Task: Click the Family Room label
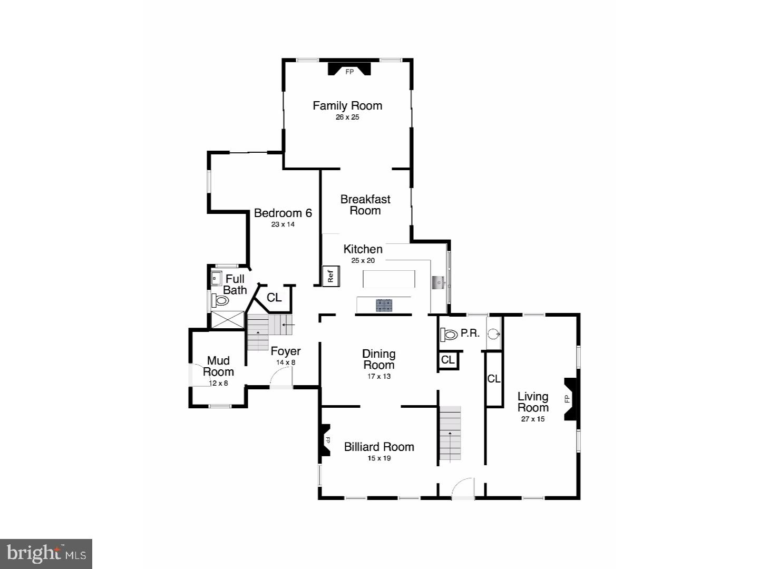click(347, 106)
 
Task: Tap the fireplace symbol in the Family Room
click(349, 70)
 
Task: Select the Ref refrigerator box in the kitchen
click(331, 276)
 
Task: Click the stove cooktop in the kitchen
click(384, 305)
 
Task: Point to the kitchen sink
click(439, 283)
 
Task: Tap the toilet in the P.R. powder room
click(449, 335)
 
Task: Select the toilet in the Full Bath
click(220, 301)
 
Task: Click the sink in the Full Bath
click(216, 278)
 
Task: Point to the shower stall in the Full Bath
click(228, 320)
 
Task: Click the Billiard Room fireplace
click(324, 440)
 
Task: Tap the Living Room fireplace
click(571, 399)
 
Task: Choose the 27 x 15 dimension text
click(533, 419)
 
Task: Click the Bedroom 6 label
click(283, 213)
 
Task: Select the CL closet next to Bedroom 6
click(274, 298)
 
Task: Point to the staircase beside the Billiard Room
click(450, 433)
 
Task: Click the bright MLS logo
click(46, 554)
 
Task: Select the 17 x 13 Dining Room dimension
click(379, 377)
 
